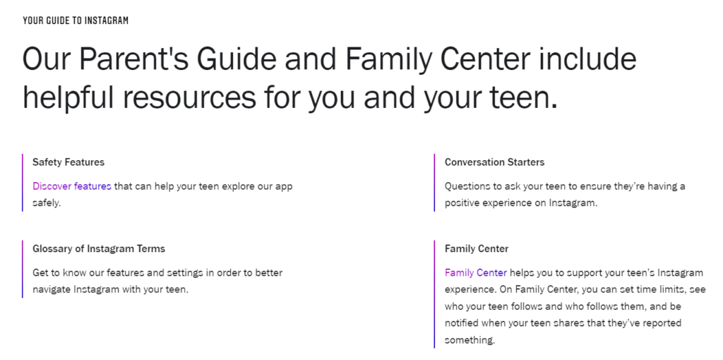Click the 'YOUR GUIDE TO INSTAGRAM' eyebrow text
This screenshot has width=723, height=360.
(x=76, y=20)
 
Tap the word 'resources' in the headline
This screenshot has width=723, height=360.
(x=189, y=97)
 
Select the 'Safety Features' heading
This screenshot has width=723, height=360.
(x=68, y=162)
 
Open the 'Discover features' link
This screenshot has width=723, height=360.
(x=72, y=186)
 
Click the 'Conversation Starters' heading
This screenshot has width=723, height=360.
(x=494, y=162)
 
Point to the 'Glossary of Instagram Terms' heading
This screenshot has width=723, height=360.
(x=99, y=249)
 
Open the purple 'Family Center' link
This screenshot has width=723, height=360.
(x=476, y=273)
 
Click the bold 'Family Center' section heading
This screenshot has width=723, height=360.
(x=477, y=249)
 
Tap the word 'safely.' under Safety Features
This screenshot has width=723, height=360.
(x=47, y=203)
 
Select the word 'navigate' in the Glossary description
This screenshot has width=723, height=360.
(x=51, y=290)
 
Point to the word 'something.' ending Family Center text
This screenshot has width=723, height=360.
(x=470, y=341)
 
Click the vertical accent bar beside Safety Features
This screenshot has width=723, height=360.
(x=22, y=183)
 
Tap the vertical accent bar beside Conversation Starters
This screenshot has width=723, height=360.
(x=434, y=183)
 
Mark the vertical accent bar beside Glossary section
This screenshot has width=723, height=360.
(x=22, y=269)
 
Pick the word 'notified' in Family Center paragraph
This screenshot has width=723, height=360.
(x=461, y=323)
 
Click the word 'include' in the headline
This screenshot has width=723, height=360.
(x=588, y=59)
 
